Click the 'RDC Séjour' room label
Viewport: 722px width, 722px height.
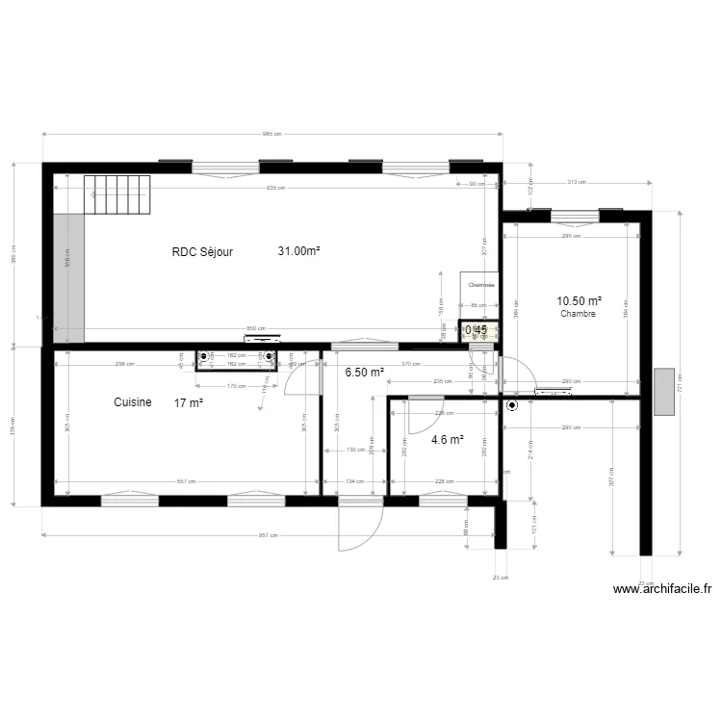click(202, 251)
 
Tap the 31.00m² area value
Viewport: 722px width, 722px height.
click(298, 251)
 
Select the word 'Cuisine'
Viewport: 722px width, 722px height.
click(132, 402)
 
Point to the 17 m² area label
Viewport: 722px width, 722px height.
click(189, 402)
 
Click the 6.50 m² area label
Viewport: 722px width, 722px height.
click(364, 373)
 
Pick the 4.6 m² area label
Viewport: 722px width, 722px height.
click(448, 440)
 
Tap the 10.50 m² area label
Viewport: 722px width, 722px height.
click(580, 301)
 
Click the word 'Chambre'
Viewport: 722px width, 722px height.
click(579, 314)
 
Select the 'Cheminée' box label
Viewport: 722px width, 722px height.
click(480, 286)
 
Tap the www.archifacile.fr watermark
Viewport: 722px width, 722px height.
click(662, 589)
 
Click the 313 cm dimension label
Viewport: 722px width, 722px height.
click(576, 182)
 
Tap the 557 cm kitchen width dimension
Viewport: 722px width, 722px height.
click(187, 481)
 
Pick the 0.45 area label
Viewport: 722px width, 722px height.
click(477, 330)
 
